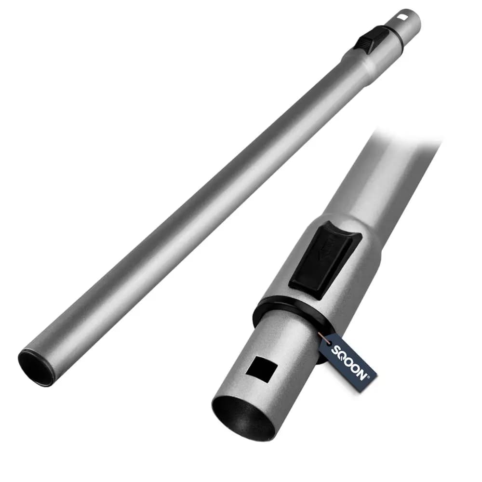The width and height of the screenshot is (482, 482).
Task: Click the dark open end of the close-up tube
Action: [x=243, y=418]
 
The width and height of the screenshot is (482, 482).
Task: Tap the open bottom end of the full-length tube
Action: [x=36, y=367]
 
